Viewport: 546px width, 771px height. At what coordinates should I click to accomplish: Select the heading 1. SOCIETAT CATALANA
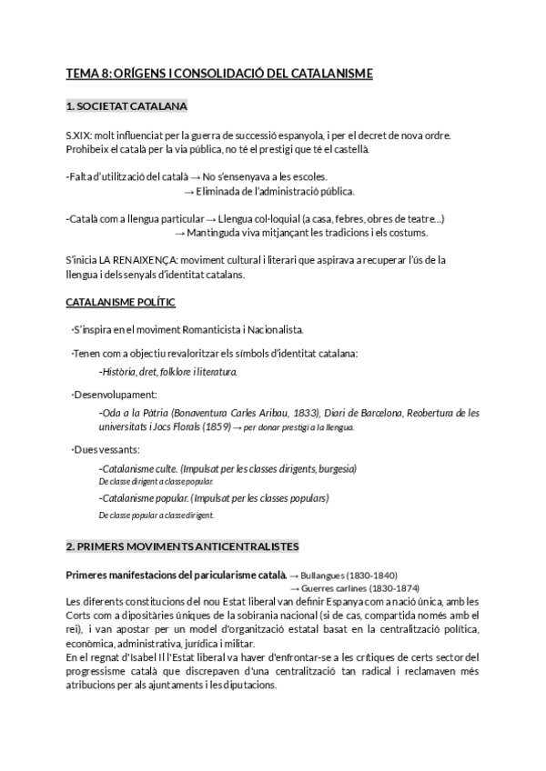click(126, 107)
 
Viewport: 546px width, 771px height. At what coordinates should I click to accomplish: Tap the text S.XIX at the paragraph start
click(79, 135)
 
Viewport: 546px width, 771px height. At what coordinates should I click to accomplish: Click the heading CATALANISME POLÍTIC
click(121, 301)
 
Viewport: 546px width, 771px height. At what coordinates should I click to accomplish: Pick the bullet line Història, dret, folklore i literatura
click(168, 371)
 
